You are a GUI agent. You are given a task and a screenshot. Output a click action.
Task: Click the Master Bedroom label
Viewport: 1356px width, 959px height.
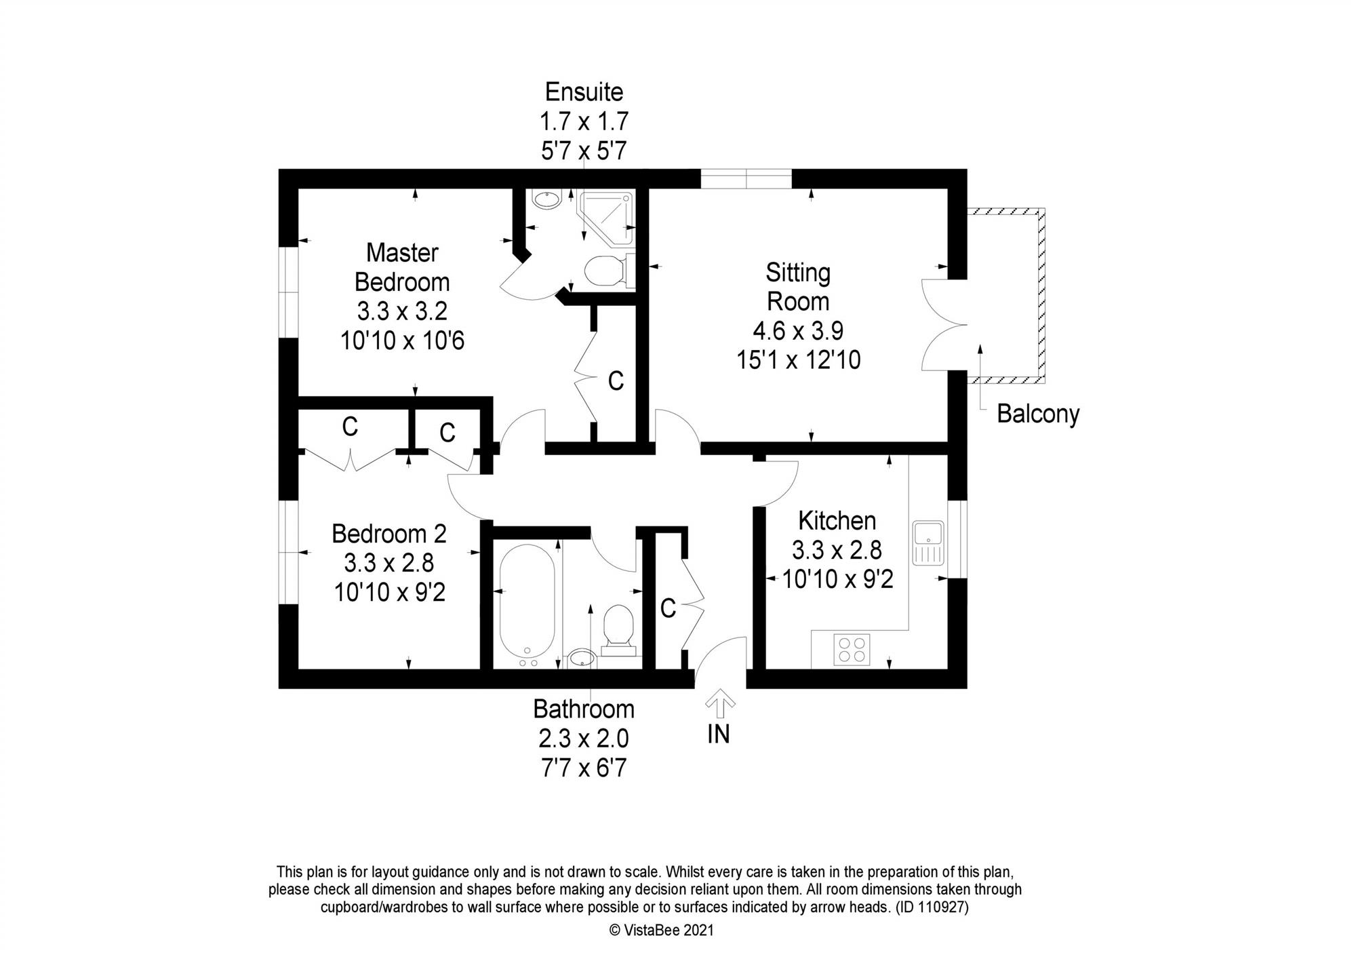click(402, 267)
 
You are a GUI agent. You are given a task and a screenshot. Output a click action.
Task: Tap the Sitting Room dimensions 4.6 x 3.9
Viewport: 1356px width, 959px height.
click(798, 331)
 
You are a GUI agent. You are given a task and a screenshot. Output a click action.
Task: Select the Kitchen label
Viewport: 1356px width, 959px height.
click(837, 521)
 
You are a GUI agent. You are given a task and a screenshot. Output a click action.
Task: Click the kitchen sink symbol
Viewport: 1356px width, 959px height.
click(928, 543)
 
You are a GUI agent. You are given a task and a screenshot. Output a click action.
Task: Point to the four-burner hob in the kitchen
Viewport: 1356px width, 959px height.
click(852, 648)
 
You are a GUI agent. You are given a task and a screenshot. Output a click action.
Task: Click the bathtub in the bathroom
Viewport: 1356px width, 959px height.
click(527, 601)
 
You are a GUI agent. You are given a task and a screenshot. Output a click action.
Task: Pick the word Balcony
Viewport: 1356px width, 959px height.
click(1037, 414)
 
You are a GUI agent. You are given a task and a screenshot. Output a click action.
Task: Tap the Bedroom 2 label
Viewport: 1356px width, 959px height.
click(388, 534)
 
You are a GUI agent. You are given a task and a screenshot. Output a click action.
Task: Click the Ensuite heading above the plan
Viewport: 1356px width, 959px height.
click(584, 92)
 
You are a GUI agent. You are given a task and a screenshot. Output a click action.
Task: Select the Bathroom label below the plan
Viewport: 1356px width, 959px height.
click(584, 709)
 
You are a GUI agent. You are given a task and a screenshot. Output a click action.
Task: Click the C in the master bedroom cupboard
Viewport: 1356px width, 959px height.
click(616, 381)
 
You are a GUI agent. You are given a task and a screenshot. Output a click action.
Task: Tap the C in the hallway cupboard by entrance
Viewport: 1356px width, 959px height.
click(668, 609)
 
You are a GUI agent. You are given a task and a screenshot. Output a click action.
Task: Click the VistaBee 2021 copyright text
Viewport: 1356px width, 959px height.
click(662, 931)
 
